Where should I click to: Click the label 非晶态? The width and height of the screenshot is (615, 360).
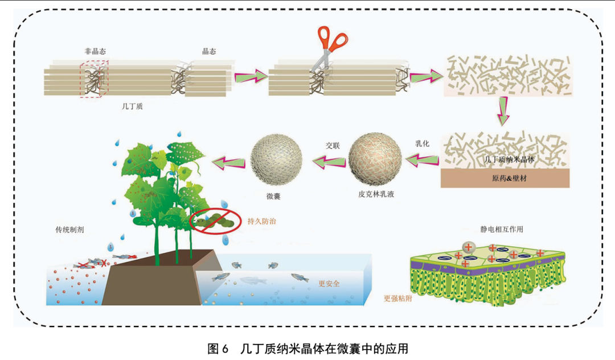(95, 51)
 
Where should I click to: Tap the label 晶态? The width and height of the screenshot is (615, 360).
(209, 51)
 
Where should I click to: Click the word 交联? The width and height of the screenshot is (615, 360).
(333, 145)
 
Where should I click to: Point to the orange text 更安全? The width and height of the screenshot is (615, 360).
(329, 283)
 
